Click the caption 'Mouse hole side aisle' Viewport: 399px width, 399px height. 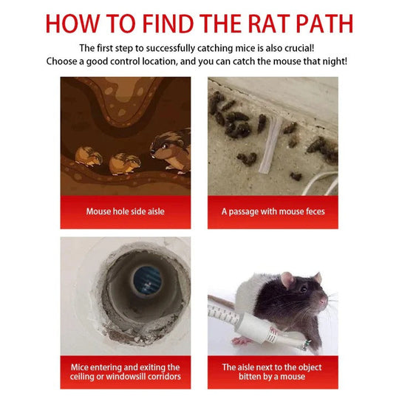[126, 211]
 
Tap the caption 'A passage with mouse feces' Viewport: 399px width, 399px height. [273, 211]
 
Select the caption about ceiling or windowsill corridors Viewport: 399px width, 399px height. [126, 372]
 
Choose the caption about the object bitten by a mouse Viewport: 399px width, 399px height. [273, 372]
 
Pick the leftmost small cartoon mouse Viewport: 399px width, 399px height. [89, 156]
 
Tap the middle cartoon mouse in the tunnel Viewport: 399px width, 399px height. [125, 161]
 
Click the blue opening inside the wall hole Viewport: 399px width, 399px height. [147, 282]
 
